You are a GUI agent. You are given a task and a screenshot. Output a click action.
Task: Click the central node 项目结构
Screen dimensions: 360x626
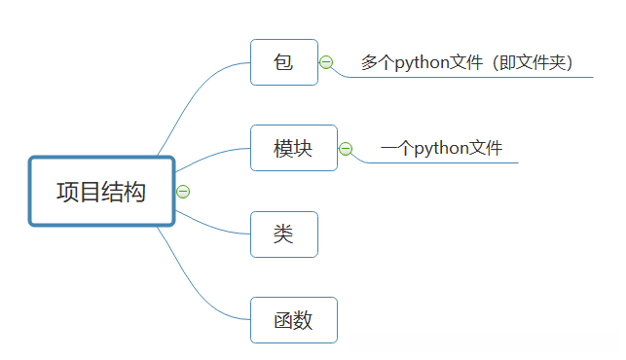click(101, 192)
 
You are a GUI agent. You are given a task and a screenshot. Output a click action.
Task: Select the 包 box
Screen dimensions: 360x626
click(284, 62)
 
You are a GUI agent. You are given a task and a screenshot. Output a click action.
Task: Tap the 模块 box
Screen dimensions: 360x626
click(294, 148)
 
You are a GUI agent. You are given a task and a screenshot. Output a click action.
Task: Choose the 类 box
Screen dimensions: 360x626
click(284, 234)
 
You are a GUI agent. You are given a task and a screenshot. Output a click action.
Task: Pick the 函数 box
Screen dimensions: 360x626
click(294, 320)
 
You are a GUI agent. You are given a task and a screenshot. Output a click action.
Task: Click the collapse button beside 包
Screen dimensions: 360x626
click(326, 62)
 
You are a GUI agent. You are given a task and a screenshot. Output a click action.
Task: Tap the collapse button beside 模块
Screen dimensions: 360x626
click(346, 149)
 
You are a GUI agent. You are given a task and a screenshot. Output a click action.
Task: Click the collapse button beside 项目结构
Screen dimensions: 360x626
click(183, 192)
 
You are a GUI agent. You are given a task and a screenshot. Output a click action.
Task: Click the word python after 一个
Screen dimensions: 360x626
click(438, 149)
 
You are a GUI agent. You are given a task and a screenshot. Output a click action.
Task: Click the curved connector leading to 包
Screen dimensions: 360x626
click(195, 97)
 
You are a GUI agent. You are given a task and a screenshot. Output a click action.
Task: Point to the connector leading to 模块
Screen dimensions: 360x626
click(209, 159)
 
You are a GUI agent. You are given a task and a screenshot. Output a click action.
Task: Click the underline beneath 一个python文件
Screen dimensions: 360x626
click(458, 163)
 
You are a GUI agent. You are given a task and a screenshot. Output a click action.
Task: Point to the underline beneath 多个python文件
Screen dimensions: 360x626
click(487, 77)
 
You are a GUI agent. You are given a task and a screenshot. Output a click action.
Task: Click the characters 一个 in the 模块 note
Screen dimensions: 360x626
click(396, 149)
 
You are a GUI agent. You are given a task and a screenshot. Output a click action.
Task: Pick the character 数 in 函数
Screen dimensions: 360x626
click(304, 320)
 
